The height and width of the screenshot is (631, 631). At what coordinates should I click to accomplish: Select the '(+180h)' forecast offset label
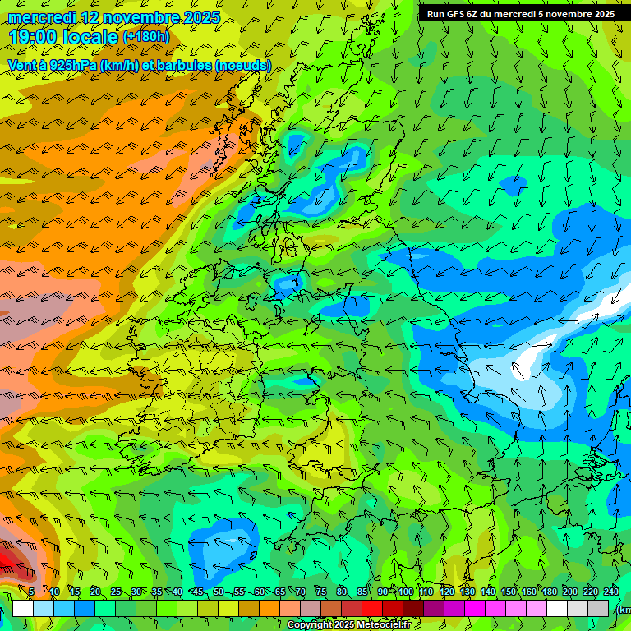point(145,37)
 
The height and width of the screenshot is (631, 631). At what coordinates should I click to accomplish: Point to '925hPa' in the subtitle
point(70,65)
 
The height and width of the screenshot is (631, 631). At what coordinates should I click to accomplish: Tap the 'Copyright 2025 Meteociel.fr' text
point(348,624)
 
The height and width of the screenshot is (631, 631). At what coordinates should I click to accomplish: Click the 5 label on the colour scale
point(31,592)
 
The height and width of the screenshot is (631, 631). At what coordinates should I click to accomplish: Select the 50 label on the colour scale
point(218,592)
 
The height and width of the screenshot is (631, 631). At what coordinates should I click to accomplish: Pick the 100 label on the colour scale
point(406,592)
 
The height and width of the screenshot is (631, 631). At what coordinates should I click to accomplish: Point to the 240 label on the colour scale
point(610,592)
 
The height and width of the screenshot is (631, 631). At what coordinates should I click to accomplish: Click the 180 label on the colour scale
point(549,592)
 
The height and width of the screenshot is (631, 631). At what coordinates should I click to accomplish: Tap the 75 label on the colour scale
point(321,592)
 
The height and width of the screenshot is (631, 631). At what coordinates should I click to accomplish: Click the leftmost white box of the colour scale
point(23,608)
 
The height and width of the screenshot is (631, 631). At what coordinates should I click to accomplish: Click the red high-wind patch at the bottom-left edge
point(10,563)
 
